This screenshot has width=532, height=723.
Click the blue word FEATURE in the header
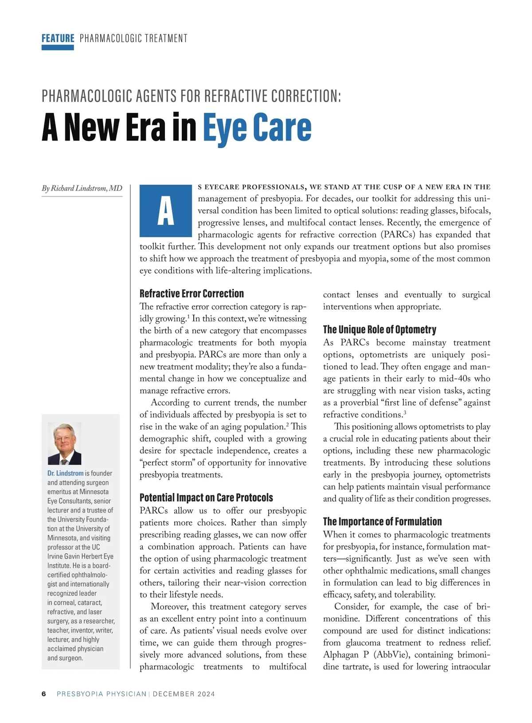(x=58, y=38)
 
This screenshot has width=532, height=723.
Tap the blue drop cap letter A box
(x=165, y=211)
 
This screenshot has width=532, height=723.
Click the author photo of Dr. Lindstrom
(x=64, y=443)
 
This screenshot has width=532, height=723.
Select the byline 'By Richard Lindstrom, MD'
(x=82, y=188)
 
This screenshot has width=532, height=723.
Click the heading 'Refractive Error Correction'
(x=192, y=293)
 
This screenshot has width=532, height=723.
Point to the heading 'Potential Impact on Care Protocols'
(x=206, y=497)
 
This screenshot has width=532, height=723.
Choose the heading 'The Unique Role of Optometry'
(x=379, y=329)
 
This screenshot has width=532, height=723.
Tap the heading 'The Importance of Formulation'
(x=382, y=521)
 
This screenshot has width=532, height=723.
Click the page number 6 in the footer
(x=44, y=694)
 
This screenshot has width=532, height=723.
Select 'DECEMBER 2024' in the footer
(x=184, y=694)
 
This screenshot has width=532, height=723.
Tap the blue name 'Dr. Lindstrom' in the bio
(x=65, y=473)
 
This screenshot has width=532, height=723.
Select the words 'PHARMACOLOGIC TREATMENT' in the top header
(x=133, y=38)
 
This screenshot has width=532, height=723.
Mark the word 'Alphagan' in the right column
(x=341, y=655)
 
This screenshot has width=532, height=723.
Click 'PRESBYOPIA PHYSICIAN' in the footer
(x=102, y=694)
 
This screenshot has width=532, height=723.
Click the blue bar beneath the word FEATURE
(x=58, y=47)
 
